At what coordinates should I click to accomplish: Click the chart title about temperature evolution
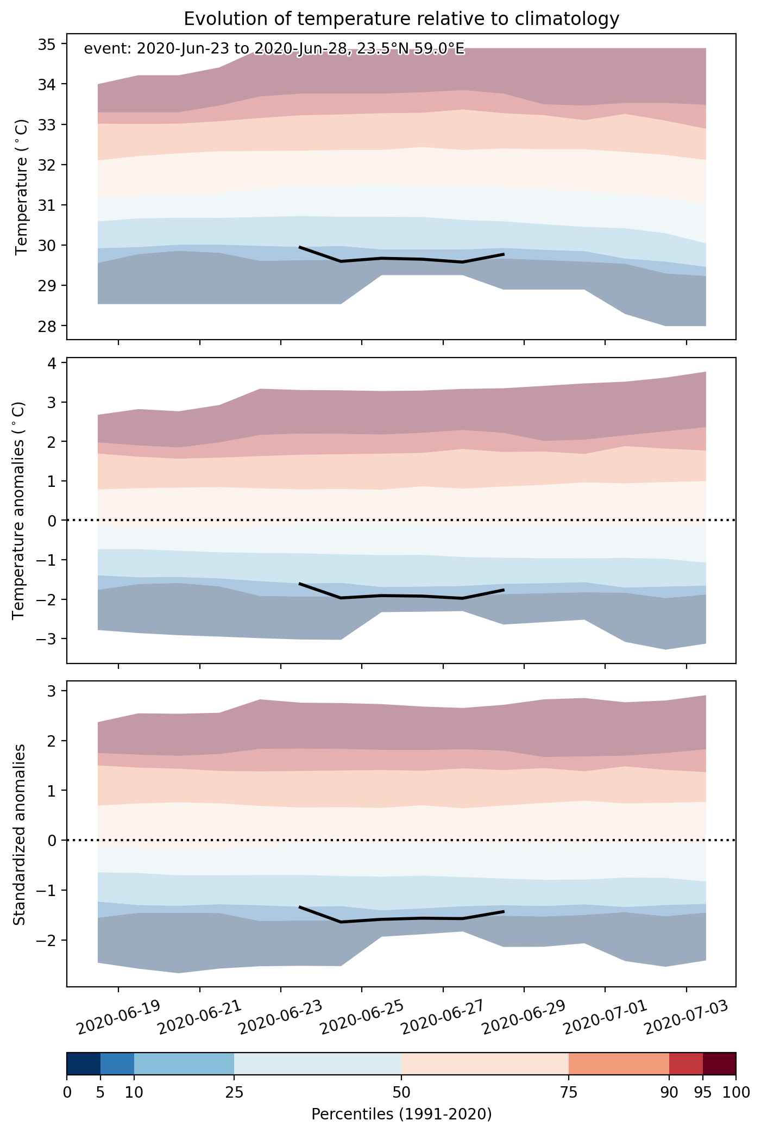click(x=401, y=19)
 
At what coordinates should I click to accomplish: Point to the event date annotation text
click(x=274, y=49)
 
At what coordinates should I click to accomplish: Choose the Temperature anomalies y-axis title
click(x=19, y=510)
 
